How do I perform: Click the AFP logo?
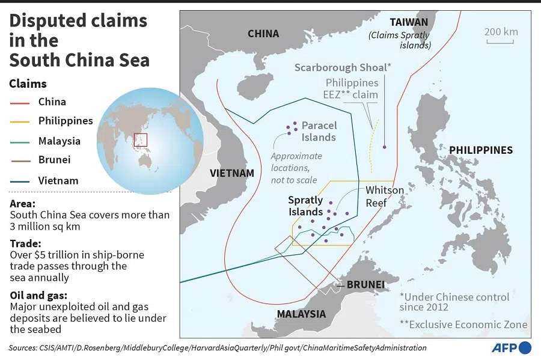click(512, 347)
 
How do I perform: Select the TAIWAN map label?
click(409, 22)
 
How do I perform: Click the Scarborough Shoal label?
click(343, 67)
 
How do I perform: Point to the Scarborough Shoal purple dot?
click(385, 147)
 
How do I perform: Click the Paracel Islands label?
click(319, 131)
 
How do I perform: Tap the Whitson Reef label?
click(385, 197)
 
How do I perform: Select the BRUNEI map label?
click(365, 284)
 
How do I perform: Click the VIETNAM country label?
click(232, 173)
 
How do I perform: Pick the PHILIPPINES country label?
click(481, 150)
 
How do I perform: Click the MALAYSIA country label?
click(301, 314)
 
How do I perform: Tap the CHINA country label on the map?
click(263, 34)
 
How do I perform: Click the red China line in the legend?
click(20, 102)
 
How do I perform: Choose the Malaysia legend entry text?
click(59, 141)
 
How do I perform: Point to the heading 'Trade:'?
click(24, 243)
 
